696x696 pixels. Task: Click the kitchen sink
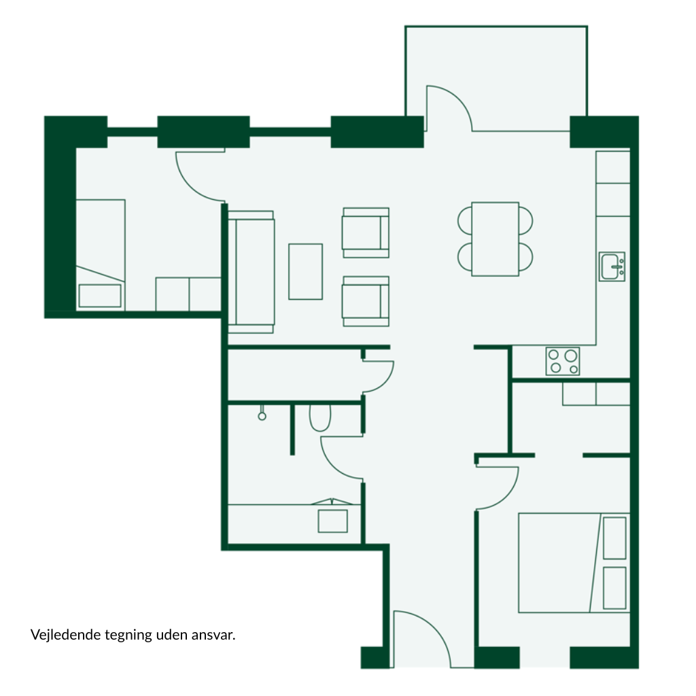(x=612, y=266)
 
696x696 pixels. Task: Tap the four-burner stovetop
(x=563, y=362)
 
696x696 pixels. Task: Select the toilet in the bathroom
(x=320, y=418)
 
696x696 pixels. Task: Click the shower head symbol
(x=262, y=413)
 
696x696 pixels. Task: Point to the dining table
(x=495, y=239)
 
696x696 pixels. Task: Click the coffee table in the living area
(x=305, y=272)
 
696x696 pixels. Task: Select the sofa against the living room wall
(x=251, y=272)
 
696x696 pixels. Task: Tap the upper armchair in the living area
(x=365, y=232)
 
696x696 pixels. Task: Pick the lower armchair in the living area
(x=365, y=301)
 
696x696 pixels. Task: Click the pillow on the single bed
(x=100, y=296)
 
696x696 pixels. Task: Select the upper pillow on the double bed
(x=614, y=538)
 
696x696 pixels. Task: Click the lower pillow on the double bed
(x=614, y=588)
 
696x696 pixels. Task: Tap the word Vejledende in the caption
(x=66, y=635)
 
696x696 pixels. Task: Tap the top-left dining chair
(x=465, y=220)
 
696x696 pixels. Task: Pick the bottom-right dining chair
(x=526, y=257)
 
